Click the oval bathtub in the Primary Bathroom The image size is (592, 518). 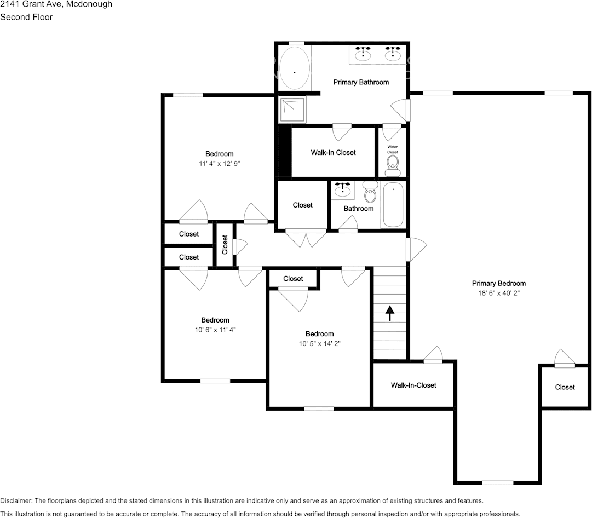(x=295, y=68)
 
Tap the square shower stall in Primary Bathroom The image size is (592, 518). (x=294, y=110)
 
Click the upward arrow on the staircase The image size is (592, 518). (x=390, y=313)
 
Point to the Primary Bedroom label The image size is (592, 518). (x=498, y=283)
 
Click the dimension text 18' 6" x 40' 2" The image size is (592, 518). (x=498, y=293)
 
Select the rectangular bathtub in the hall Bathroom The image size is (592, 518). (x=393, y=205)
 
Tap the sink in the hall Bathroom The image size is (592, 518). (x=343, y=189)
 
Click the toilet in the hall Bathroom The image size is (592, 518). (x=370, y=192)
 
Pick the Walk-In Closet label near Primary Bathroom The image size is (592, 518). (x=333, y=152)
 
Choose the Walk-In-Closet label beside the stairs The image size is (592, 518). (x=413, y=385)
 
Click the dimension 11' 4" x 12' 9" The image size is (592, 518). (x=219, y=163)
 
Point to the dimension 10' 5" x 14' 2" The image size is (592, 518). (x=319, y=343)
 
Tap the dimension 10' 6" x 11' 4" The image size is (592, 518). (x=215, y=330)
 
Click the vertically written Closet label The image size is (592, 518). (x=225, y=245)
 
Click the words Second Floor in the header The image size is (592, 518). (x=26, y=17)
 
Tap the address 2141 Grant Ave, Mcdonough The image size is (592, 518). (x=56, y=4)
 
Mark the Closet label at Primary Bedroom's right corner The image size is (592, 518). (x=565, y=387)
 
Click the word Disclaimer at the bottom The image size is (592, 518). (x=16, y=500)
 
